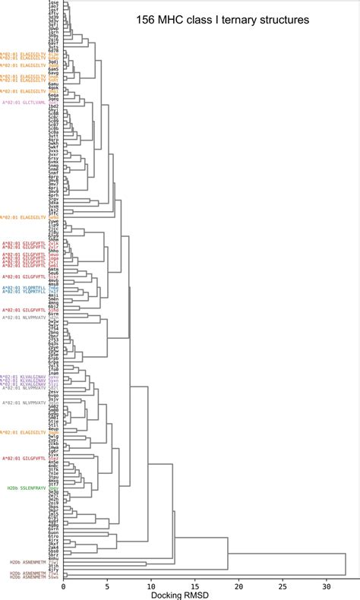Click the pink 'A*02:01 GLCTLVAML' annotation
click(24, 102)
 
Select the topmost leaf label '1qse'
click(53, 4)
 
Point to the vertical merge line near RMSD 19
click(227, 548)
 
